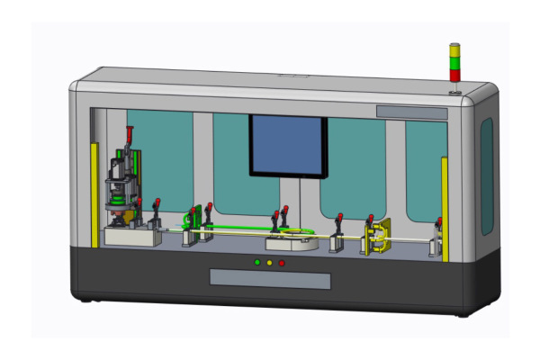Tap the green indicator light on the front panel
256,263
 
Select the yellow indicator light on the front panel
269,263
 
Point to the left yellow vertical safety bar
94,193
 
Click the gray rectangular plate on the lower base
270,280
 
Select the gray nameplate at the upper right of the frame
411,112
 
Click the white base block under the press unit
131,237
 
